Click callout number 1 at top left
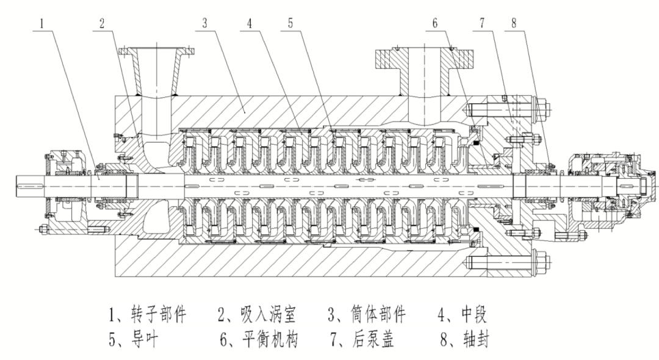[41, 23]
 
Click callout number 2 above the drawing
[102, 23]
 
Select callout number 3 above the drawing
[204, 23]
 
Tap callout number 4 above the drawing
[249, 23]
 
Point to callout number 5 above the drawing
[290, 23]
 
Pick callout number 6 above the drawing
[435, 23]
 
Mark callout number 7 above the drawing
[482, 23]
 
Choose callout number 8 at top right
[514, 23]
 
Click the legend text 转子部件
[158, 314]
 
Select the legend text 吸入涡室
[268, 314]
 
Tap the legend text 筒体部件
[378, 314]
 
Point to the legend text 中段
[474, 314]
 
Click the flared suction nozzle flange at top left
[156, 52]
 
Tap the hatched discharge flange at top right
[425, 59]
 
